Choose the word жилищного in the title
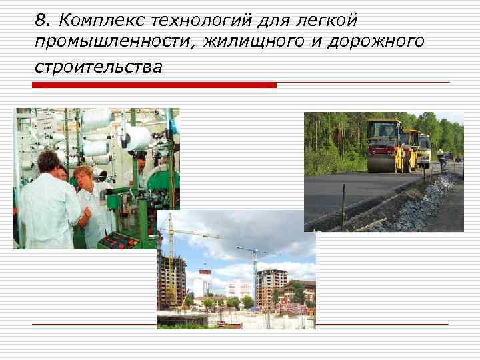(248, 43)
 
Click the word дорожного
(375, 43)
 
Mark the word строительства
(99, 67)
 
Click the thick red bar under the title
(154, 85)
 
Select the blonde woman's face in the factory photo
(84, 177)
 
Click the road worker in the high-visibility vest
(441, 158)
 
